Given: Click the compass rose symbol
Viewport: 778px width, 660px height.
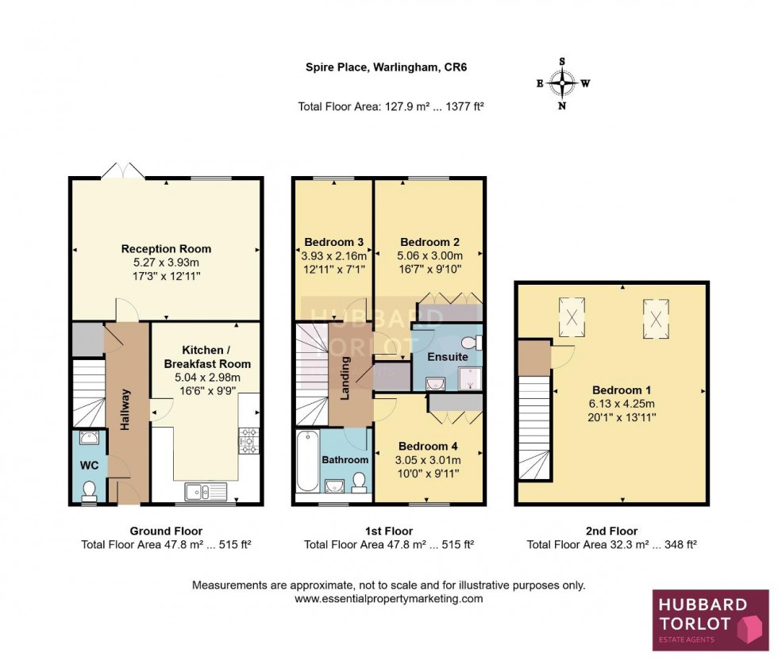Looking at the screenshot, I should (x=562, y=82).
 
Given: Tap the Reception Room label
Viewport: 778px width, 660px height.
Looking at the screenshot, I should (x=166, y=249).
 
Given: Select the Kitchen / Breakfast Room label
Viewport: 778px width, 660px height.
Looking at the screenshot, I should (x=206, y=356).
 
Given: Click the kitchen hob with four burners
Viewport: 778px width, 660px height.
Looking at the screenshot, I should (x=249, y=438).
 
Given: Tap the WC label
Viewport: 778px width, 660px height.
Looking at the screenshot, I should (x=87, y=464).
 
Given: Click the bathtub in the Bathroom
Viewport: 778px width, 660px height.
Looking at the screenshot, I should (x=306, y=462).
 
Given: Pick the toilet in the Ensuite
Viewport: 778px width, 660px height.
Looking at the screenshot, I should (x=473, y=343).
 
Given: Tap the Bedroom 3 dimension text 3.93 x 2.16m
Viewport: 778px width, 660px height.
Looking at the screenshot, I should (x=334, y=256).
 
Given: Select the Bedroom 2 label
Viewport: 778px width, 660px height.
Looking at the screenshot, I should (x=429, y=242).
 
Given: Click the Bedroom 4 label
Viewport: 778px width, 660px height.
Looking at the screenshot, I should (x=428, y=446).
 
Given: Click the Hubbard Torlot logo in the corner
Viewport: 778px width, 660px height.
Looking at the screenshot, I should (x=710, y=620).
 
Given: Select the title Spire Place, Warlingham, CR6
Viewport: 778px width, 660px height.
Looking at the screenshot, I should (x=386, y=67).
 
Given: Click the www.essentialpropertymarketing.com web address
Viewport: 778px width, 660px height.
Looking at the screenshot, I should (x=389, y=599).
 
